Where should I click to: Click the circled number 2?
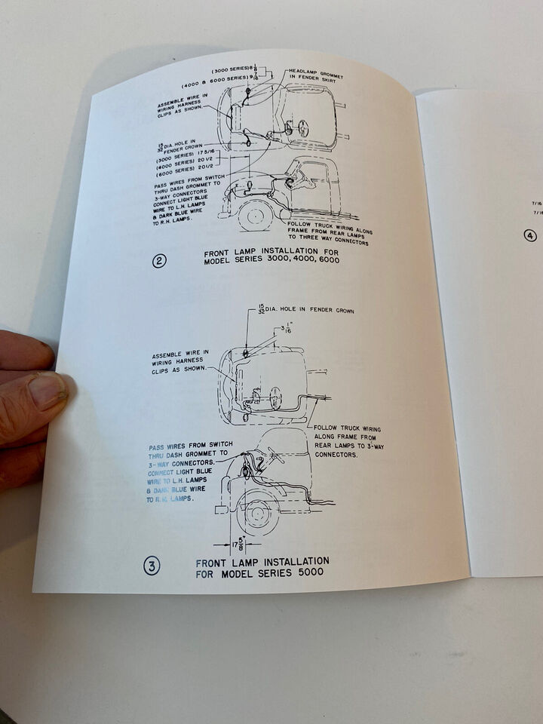[x=159, y=262]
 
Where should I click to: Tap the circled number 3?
[x=152, y=566]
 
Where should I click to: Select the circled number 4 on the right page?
[x=530, y=235]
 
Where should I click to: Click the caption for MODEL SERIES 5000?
[x=262, y=566]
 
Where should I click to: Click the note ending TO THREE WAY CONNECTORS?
[x=330, y=232]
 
